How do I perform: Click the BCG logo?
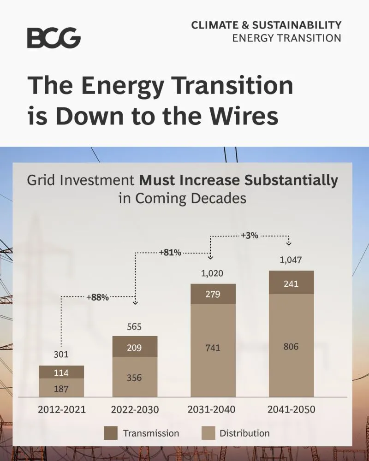point(54,38)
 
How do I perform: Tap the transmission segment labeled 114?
point(61,372)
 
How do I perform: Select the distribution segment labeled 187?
point(61,388)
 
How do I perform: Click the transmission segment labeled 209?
point(135,347)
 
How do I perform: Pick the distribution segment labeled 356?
point(135,377)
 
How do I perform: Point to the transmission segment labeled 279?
point(213,294)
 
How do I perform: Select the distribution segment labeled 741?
point(213,349)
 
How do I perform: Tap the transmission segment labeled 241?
point(291,283)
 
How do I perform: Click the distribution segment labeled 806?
point(291,346)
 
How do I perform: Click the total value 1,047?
point(291,260)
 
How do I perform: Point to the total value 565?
point(134,327)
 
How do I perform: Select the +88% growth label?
point(97,297)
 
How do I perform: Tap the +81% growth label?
point(170,253)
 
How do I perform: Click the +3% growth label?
point(249,236)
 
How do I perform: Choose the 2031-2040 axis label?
point(212,409)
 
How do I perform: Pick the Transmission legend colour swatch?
point(110,433)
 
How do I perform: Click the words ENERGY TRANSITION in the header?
point(286,38)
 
